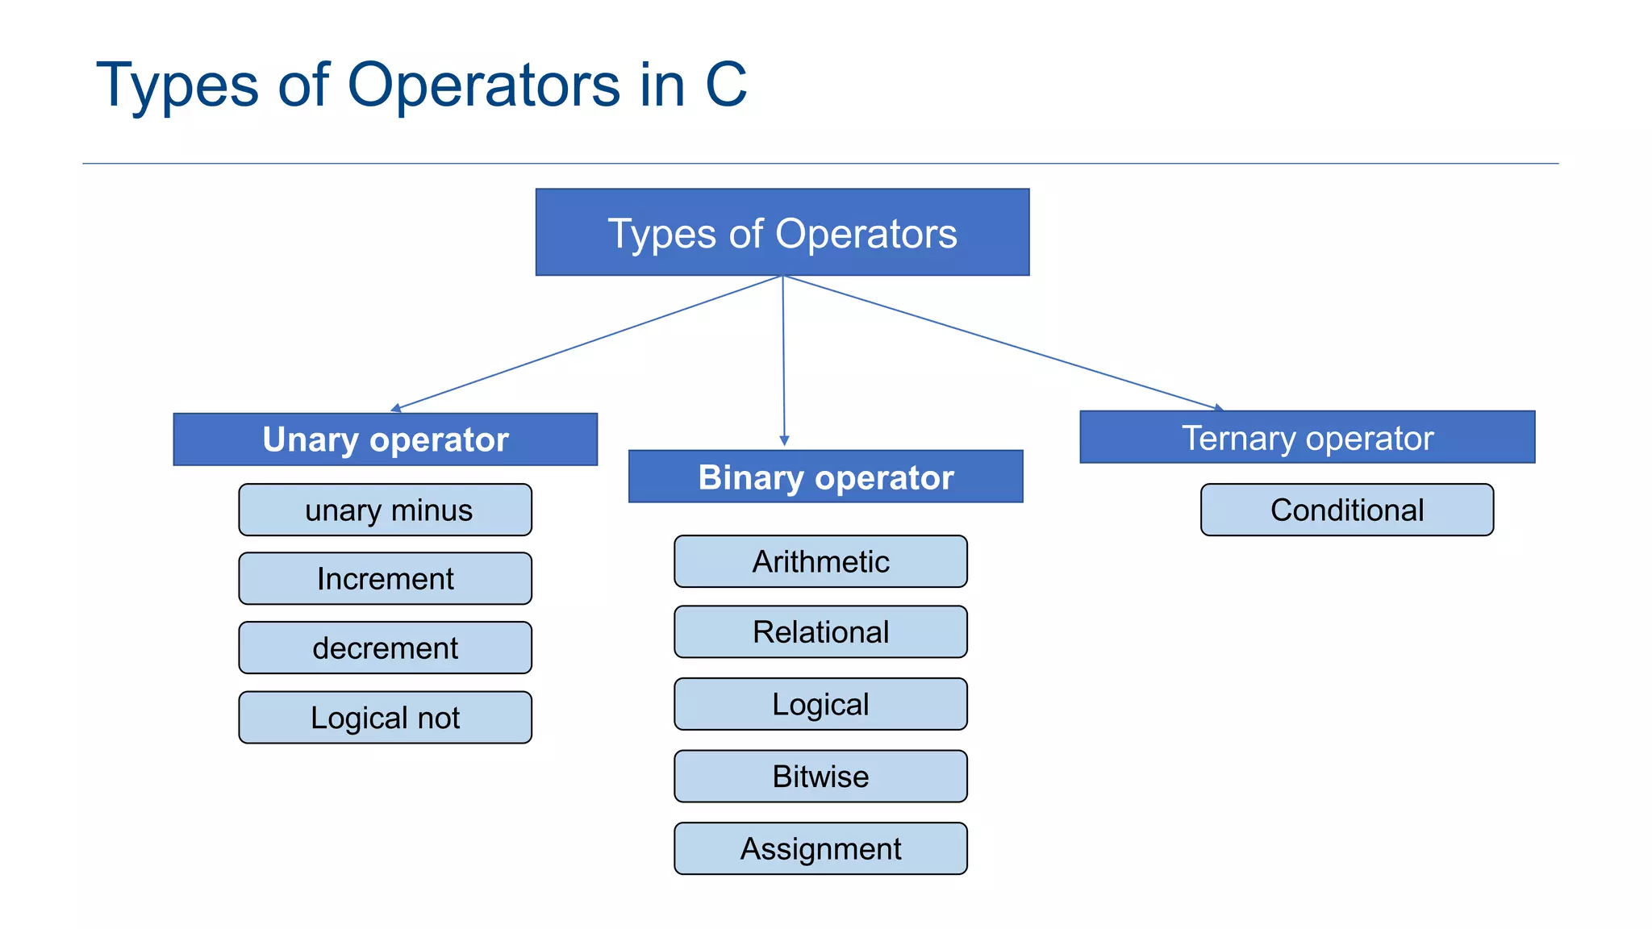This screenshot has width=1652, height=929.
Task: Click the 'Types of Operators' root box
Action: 782,232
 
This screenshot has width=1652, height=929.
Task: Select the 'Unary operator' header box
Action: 385,440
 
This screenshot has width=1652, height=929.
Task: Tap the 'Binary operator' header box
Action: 825,477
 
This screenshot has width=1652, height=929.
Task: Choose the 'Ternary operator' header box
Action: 1307,437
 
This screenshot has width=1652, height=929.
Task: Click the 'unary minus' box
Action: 385,510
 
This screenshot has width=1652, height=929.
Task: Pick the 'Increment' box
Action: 385,578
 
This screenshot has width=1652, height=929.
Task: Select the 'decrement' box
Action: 385,648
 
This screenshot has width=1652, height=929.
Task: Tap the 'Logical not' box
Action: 385,717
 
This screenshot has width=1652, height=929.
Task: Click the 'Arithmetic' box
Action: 820,561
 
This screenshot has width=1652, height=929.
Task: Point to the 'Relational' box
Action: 820,631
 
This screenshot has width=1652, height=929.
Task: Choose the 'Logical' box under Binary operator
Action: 820,704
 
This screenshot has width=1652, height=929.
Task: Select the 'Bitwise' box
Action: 820,776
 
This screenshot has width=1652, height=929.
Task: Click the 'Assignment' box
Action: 820,848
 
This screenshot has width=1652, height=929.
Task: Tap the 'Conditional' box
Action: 1346,510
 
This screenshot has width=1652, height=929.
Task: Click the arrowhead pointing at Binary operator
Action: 784,441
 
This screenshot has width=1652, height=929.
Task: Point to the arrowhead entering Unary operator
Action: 396,408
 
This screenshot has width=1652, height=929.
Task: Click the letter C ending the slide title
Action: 725,85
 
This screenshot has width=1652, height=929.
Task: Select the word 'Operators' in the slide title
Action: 484,85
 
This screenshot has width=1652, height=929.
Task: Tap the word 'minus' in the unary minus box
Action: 432,510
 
